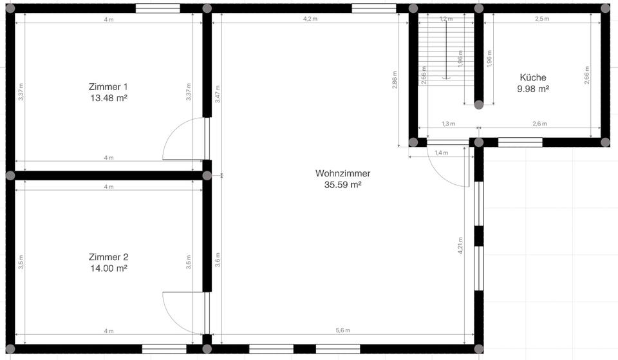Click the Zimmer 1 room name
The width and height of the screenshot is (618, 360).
pyautogui.click(x=108, y=86)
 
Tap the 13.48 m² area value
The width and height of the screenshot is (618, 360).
pyautogui.click(x=108, y=98)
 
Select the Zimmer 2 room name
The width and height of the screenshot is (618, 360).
pyautogui.click(x=108, y=257)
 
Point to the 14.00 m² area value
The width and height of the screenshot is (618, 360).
pyautogui.click(x=108, y=269)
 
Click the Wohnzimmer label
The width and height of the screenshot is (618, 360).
pyautogui.click(x=342, y=173)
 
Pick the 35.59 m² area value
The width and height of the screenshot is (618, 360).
pyautogui.click(x=342, y=185)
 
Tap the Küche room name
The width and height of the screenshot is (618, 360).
pyautogui.click(x=533, y=77)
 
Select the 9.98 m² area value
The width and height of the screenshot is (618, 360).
pyautogui.click(x=533, y=89)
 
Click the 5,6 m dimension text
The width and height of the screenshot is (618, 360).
pyautogui.click(x=342, y=330)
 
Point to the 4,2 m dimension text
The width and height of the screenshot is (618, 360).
pyautogui.click(x=310, y=19)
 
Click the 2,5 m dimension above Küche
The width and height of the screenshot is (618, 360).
pyautogui.click(x=542, y=19)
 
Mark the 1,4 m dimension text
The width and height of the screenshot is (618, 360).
pyautogui.click(x=441, y=153)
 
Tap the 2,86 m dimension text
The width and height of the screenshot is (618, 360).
pyautogui.click(x=395, y=81)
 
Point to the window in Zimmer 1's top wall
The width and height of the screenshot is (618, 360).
pyautogui.click(x=158, y=8)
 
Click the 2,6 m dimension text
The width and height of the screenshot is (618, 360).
pyautogui.click(x=540, y=124)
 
